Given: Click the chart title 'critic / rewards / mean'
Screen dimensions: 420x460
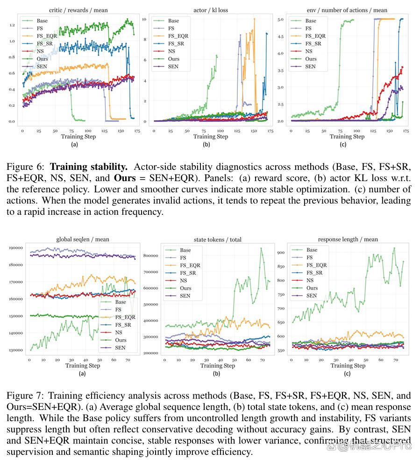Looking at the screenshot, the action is (x=78, y=10).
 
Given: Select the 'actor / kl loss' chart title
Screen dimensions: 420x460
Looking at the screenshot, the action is (x=211, y=10).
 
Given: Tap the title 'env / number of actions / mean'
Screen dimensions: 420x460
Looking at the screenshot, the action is (x=347, y=10).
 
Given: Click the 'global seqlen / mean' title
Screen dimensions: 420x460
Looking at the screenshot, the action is (x=83, y=240).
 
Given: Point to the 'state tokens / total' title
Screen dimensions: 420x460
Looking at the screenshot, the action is (x=218, y=240).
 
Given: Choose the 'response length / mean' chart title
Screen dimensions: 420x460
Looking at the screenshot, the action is (x=348, y=240).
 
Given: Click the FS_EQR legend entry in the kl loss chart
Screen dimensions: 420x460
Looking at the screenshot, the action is (x=171, y=36).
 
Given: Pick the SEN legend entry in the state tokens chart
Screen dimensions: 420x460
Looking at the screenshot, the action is (x=178, y=296).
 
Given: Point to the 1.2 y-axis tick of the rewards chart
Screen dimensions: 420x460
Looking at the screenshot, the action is (x=12, y=25).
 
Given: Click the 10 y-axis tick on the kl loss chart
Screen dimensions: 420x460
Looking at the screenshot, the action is (x=144, y=19).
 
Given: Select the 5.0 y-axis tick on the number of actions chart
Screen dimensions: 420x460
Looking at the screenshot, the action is (x=281, y=19).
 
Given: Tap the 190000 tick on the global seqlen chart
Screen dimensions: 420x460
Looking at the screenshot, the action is (x=16, y=248).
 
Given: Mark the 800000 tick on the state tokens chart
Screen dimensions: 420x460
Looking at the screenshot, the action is (x=150, y=256).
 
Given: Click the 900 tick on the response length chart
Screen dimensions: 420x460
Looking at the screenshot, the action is (x=281, y=253).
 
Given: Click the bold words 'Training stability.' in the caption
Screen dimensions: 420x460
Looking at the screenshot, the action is (x=89, y=167).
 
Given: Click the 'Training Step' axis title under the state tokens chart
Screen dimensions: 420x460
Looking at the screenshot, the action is (x=218, y=365).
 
